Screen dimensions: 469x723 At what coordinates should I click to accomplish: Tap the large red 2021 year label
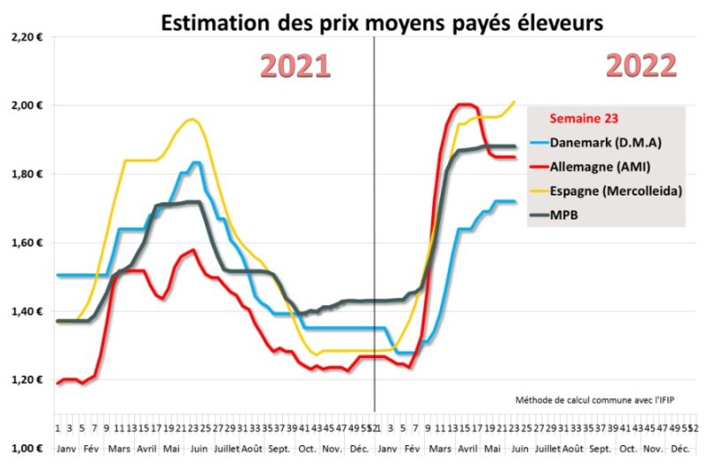pyautogui.click(x=294, y=66)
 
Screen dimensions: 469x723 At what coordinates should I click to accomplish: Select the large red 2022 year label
pyautogui.click(x=641, y=66)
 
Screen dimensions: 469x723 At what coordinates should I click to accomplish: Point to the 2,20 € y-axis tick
pyautogui.click(x=26, y=37)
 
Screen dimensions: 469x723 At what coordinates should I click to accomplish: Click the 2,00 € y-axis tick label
pyautogui.click(x=26, y=106)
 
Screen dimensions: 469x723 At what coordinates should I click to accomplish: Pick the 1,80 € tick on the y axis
pyautogui.click(x=26, y=175)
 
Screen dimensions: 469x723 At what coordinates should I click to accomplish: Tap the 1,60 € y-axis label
pyautogui.click(x=26, y=243)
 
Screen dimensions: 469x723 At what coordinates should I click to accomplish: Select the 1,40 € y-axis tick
pyautogui.click(x=26, y=311)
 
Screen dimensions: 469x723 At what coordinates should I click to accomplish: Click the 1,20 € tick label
pyautogui.click(x=26, y=380)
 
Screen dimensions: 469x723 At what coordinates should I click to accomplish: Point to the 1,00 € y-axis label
pyautogui.click(x=26, y=449)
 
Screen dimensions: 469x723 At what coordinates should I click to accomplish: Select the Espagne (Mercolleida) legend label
pyautogui.click(x=612, y=190)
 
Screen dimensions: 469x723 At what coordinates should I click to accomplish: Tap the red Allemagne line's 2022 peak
pyautogui.click(x=465, y=104)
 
